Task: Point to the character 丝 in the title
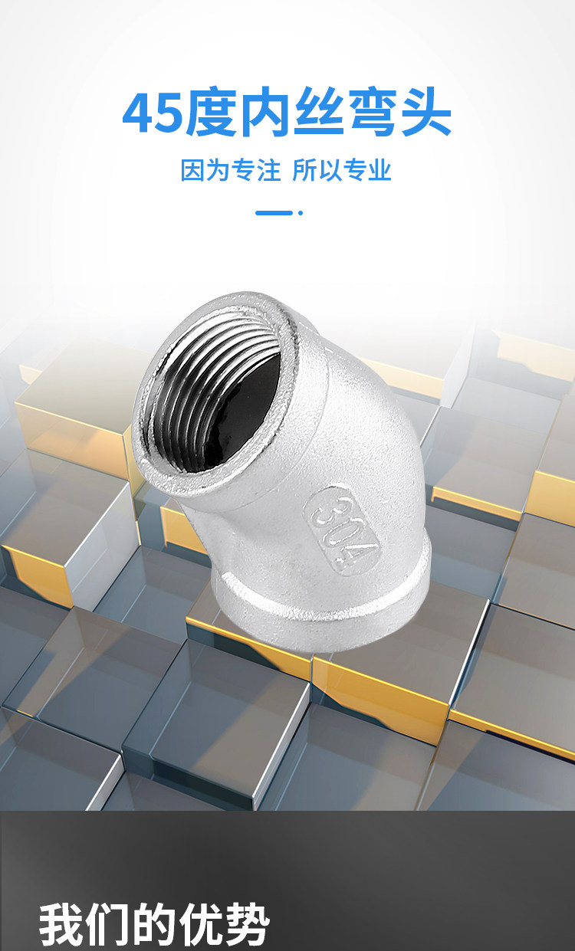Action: (x=319, y=112)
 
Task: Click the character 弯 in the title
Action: (x=372, y=112)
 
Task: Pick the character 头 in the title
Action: (x=425, y=112)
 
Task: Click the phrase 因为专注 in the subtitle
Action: (x=230, y=170)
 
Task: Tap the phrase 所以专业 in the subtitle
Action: (x=342, y=170)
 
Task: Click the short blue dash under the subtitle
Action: (x=274, y=213)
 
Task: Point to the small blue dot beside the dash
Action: (x=301, y=213)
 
